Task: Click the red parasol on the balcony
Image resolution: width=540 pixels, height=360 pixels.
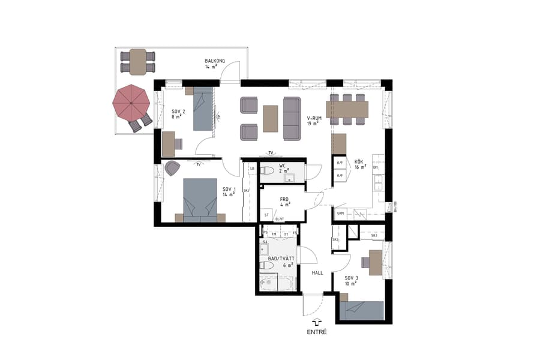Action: point(131,103)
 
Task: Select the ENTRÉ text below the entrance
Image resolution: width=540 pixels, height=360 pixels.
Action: point(316,332)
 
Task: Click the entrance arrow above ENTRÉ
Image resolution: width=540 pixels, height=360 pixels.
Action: point(316,322)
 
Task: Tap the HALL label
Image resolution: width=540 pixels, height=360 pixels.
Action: point(317,272)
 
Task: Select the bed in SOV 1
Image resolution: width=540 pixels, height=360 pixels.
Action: point(199,200)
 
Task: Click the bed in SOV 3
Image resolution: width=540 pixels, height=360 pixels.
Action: point(361,310)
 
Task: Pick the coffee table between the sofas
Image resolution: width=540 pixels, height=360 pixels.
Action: point(271,118)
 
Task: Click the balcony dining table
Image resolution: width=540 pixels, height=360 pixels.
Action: point(138,62)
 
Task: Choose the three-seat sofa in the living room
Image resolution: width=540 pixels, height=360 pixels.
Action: point(292,118)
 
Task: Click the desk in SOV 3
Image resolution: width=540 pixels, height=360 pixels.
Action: point(375,262)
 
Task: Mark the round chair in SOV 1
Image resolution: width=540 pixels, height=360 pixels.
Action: point(172,169)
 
